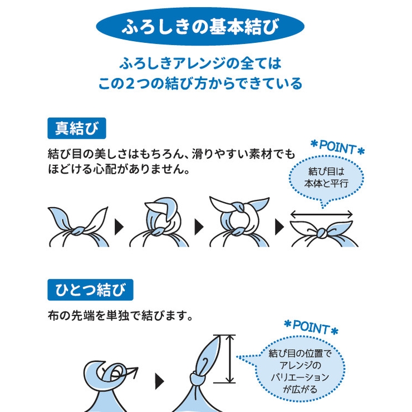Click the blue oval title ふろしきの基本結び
200,26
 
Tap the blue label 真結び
77,128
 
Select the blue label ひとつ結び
90,290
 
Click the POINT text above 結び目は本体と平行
337,147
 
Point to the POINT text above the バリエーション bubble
311,327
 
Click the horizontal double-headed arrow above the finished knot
321,214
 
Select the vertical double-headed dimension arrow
230,359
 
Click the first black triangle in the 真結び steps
119,227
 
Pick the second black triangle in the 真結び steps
199,227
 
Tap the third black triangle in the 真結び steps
279,227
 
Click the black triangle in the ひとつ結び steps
159,381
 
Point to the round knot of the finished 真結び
322,233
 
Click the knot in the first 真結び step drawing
78,231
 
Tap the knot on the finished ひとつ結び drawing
198,379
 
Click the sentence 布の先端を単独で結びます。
121,316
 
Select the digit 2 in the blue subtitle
130,84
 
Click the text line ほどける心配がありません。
119,169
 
